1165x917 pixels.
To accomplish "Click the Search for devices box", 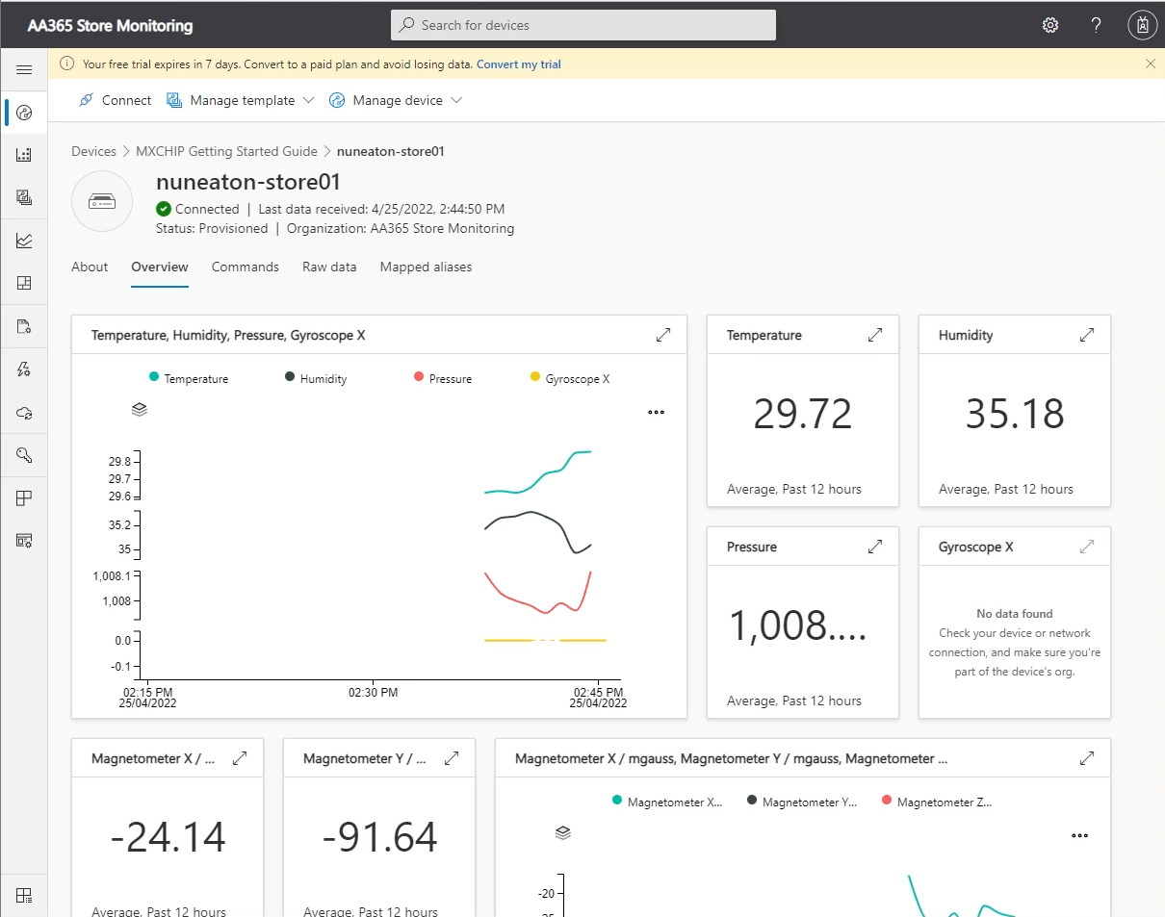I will point(582,25).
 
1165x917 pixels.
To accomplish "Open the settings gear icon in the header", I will point(1050,25).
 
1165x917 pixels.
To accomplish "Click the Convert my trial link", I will point(518,64).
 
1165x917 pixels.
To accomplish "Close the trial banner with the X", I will point(1151,64).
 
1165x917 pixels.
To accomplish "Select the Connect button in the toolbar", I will point(115,100).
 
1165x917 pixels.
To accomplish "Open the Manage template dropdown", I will point(241,100).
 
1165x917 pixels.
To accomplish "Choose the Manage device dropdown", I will point(396,100).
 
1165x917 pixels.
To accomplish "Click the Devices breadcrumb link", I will point(93,151).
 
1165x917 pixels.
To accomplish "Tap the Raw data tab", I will point(329,267).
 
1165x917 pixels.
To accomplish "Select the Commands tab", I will point(246,267).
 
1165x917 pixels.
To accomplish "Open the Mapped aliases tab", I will point(426,267).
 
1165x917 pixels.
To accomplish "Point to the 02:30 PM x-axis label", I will point(374,692).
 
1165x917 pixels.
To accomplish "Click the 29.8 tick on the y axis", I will point(120,462).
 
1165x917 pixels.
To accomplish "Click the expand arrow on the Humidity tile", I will point(1087,335).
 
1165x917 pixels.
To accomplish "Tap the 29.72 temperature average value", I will point(803,414).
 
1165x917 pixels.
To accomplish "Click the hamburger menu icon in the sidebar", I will point(25,69).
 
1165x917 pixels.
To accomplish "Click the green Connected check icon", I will point(164,209).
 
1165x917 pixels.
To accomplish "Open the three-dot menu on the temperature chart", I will point(657,412).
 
